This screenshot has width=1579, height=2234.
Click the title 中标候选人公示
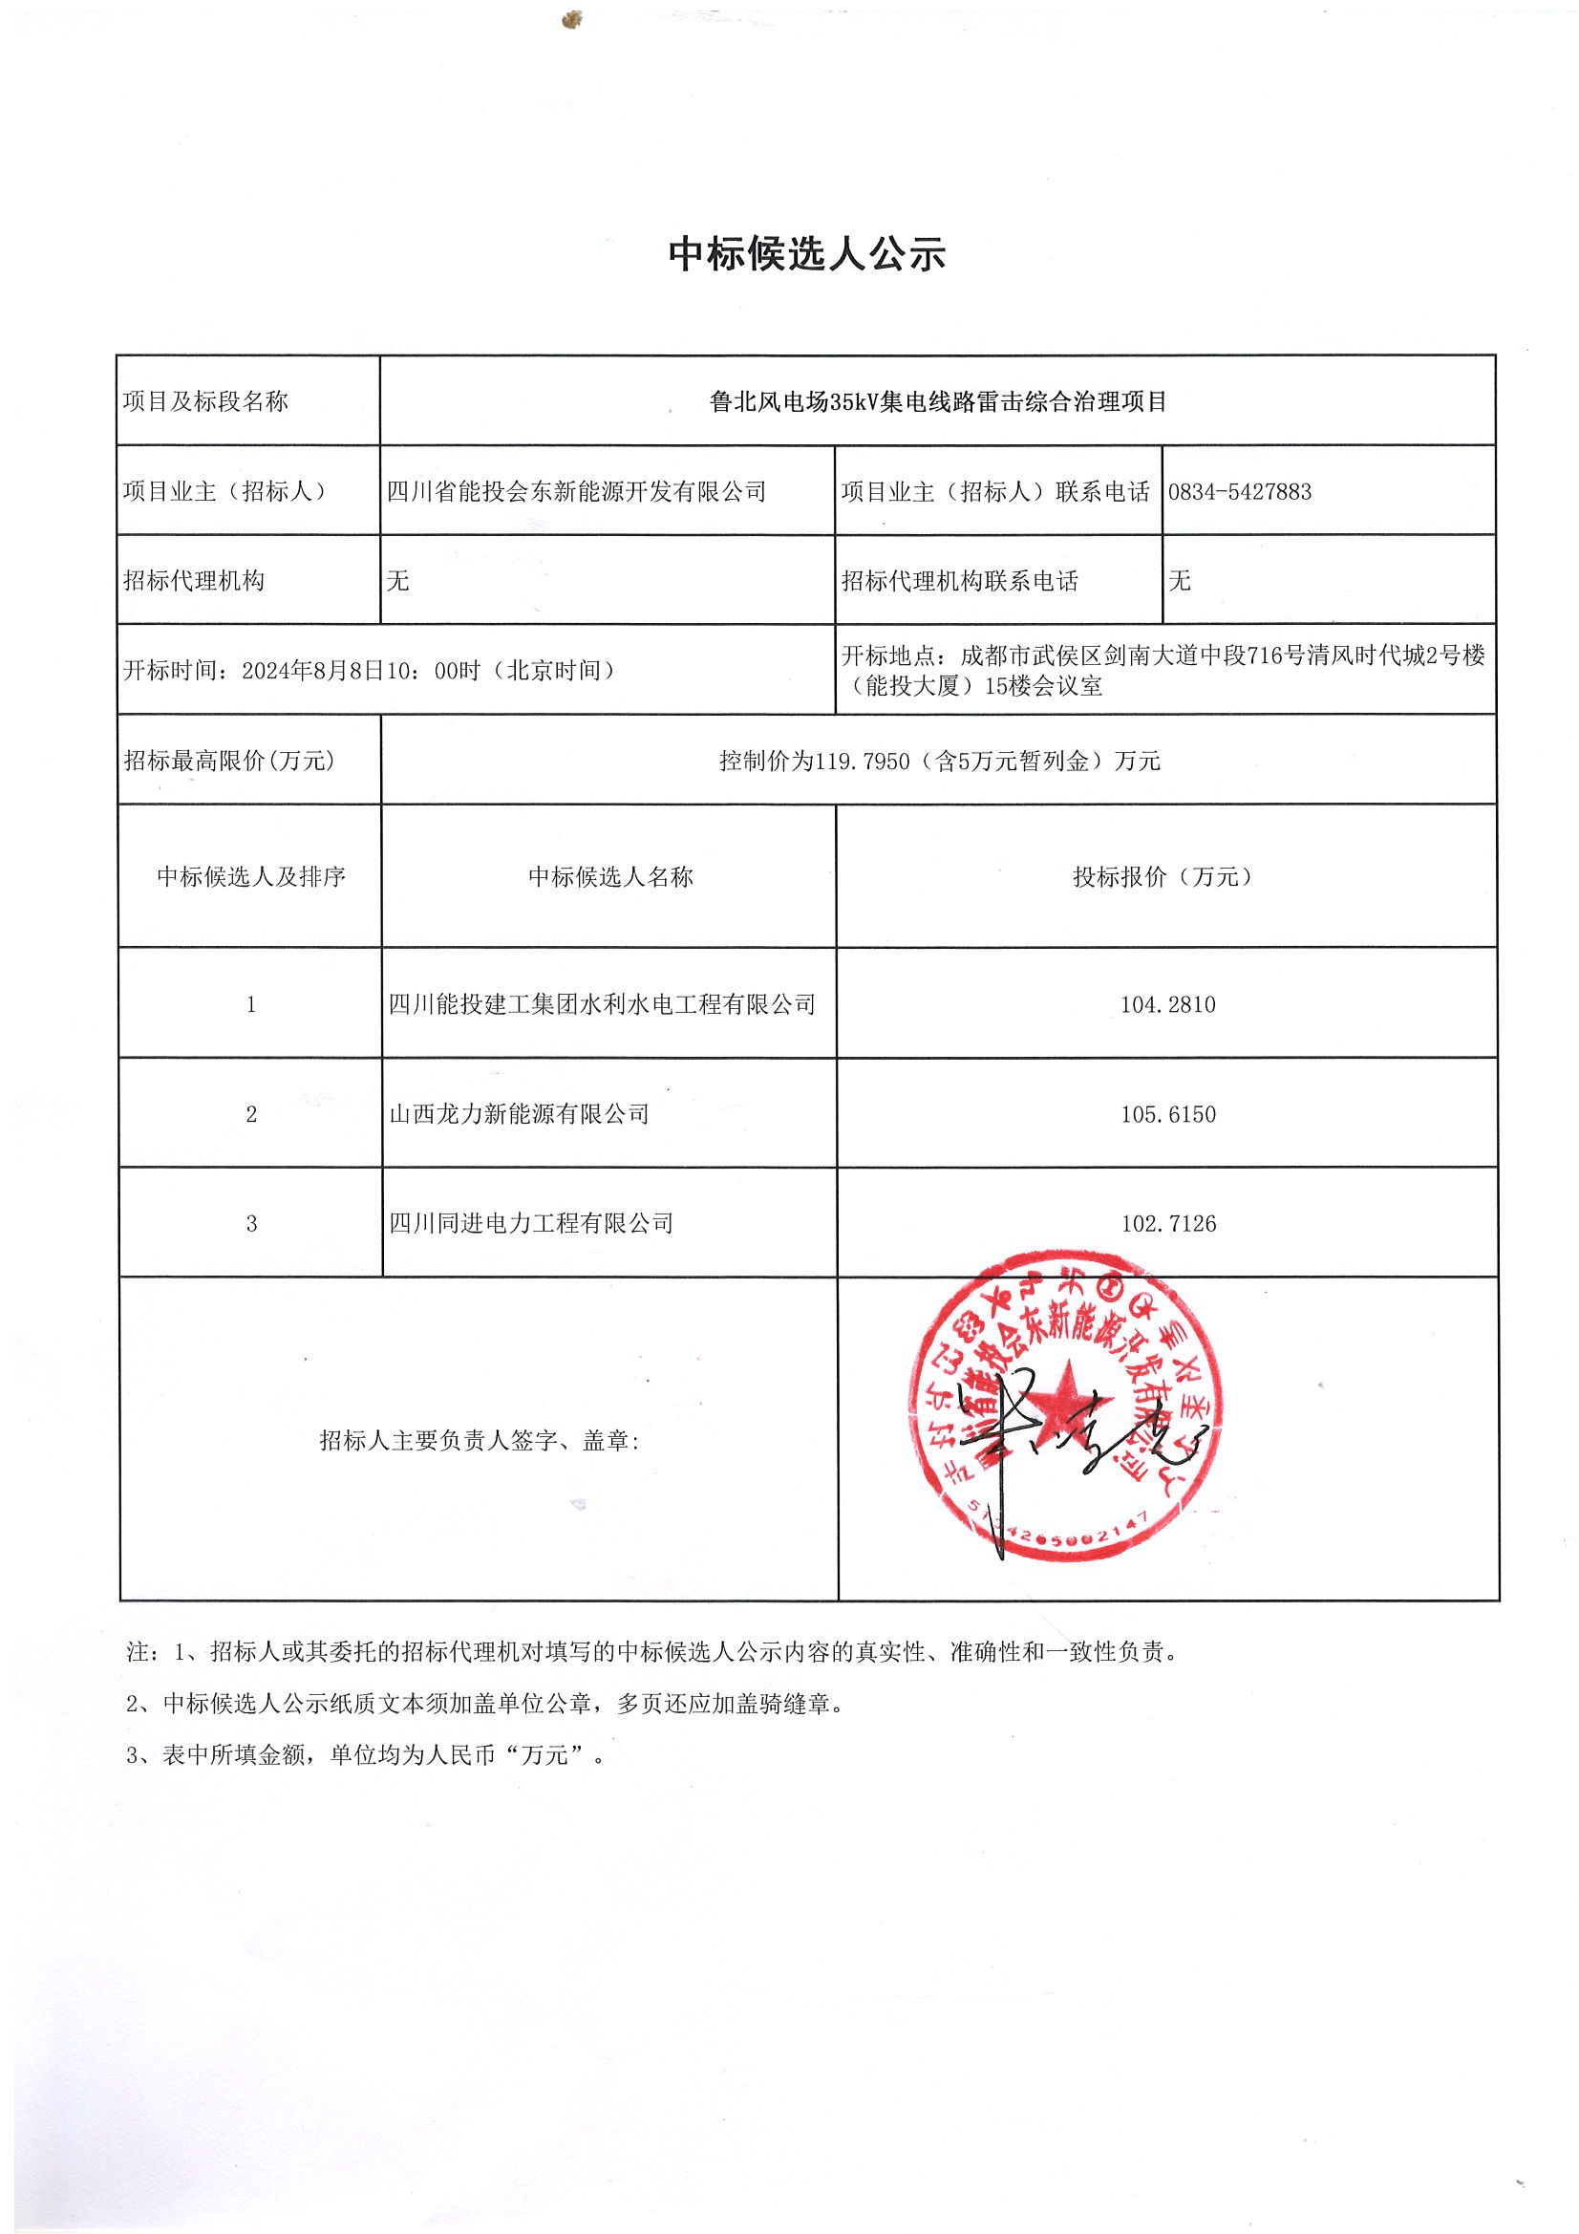pyautogui.click(x=806, y=254)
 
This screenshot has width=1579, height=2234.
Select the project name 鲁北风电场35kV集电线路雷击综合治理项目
pyautogui.click(x=938, y=402)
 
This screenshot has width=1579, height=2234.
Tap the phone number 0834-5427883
pyautogui.click(x=1240, y=492)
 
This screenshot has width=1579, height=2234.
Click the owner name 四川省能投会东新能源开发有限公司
pyautogui.click(x=576, y=492)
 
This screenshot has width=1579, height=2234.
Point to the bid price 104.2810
pyautogui.click(x=1167, y=1005)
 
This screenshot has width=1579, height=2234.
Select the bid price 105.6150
pyautogui.click(x=1167, y=1115)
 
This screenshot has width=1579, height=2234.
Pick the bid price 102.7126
pyautogui.click(x=1167, y=1224)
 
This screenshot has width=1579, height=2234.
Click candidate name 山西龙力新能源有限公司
pyautogui.click(x=519, y=1115)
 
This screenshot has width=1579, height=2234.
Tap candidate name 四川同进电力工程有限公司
pyautogui.click(x=531, y=1224)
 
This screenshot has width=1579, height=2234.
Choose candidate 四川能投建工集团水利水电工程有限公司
pyautogui.click(x=601, y=1005)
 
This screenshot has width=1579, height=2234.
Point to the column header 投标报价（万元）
pyautogui.click(x=1162, y=877)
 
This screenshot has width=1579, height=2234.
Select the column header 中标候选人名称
pyautogui.click(x=610, y=877)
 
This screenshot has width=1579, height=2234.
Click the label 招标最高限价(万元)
pyautogui.click(x=229, y=761)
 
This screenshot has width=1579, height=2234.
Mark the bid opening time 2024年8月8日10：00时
pyautogui.click(x=361, y=672)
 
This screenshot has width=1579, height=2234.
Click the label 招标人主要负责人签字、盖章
pyautogui.click(x=479, y=1441)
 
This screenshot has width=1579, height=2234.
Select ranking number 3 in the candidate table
pyautogui.click(x=251, y=1224)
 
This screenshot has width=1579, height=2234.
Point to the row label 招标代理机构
pyautogui.click(x=194, y=582)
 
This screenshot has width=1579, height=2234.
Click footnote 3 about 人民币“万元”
pyautogui.click(x=366, y=1755)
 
